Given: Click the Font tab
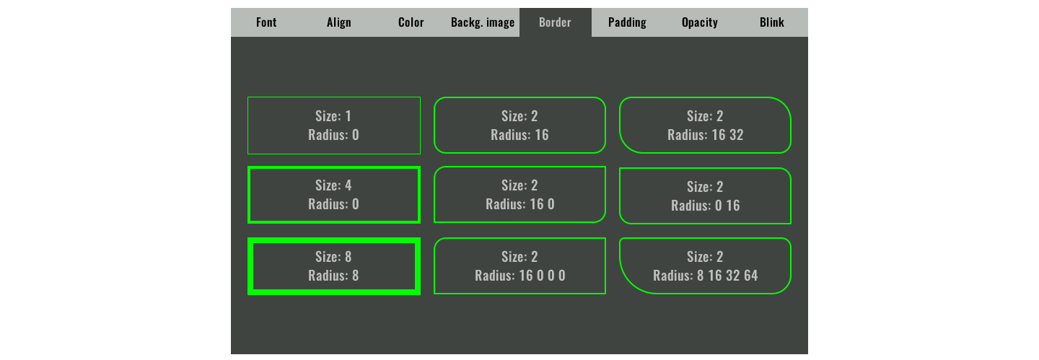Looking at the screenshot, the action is pyautogui.click(x=266, y=22).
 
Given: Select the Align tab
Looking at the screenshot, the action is pyautogui.click(x=338, y=22).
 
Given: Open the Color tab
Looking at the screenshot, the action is pyautogui.click(x=411, y=22).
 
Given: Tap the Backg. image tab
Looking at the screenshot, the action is pyautogui.click(x=483, y=22).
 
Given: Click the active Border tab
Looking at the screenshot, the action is pyautogui.click(x=556, y=22).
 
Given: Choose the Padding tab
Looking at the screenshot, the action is pyautogui.click(x=627, y=22).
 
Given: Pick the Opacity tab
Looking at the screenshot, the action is pyautogui.click(x=699, y=22).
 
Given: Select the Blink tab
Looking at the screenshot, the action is pyautogui.click(x=772, y=22).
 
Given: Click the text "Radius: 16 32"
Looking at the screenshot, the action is pyautogui.click(x=705, y=135).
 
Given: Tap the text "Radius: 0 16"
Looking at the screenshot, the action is pyautogui.click(x=705, y=206).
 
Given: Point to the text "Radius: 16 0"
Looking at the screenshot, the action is pyautogui.click(x=520, y=204).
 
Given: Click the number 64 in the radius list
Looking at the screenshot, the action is pyautogui.click(x=751, y=276).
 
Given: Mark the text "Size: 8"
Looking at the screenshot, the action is pyautogui.click(x=333, y=257).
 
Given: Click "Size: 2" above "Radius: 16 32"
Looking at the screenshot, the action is pyautogui.click(x=705, y=116).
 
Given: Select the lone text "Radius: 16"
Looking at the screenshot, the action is pyautogui.click(x=520, y=135).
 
